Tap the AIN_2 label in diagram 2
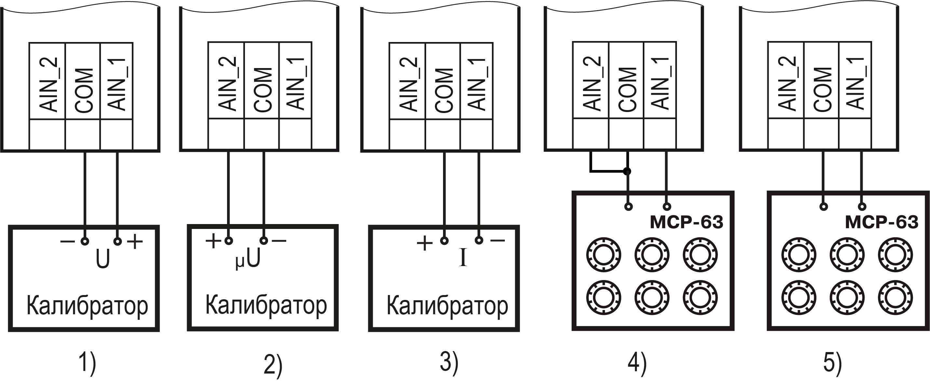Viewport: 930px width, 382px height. point(227,84)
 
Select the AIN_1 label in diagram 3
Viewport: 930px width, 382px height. point(477,84)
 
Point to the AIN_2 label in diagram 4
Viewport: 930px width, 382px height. point(592,84)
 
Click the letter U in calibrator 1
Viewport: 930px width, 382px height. point(103,259)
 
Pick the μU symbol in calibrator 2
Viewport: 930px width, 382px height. point(248,260)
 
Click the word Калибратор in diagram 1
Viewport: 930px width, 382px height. point(87,306)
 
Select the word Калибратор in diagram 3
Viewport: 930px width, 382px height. point(447,306)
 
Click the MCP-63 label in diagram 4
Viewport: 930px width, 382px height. point(686,222)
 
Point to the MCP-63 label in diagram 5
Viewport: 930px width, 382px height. point(882,222)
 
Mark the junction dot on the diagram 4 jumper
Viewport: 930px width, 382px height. point(627,171)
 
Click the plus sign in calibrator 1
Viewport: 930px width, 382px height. point(135,241)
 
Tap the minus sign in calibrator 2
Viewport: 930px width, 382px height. point(279,240)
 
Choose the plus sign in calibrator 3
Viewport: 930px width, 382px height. point(425,243)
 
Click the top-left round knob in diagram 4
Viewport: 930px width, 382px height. point(604,255)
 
